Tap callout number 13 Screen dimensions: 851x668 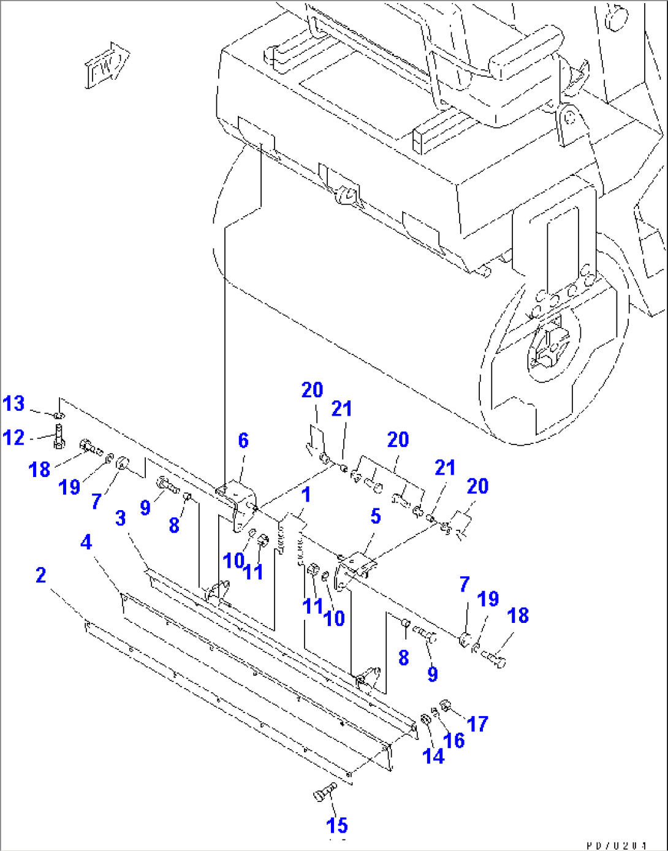(13, 403)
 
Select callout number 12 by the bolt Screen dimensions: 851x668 (13, 438)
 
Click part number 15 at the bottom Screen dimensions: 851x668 (337, 825)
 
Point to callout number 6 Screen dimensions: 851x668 (243, 440)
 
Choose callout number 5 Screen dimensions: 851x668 (375, 516)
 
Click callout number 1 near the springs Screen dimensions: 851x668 (306, 495)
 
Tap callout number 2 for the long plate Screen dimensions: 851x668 (40, 575)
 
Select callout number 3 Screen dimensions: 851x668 (121, 518)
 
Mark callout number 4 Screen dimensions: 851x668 (86, 542)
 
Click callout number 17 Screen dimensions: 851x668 (477, 723)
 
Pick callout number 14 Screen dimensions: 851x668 (433, 756)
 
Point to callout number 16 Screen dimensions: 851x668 (454, 741)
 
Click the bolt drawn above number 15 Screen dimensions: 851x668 (324, 792)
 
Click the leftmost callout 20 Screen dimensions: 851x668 (312, 390)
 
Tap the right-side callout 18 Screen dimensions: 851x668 (518, 615)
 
